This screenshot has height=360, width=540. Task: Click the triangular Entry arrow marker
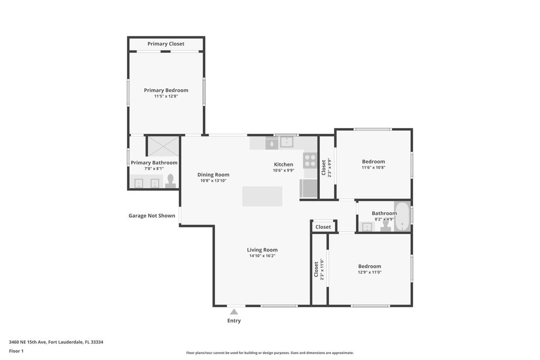(x=234, y=312)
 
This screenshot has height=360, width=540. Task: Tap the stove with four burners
(x=310, y=160)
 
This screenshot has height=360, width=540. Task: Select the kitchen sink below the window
(x=286, y=142)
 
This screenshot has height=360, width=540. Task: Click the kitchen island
(x=262, y=196)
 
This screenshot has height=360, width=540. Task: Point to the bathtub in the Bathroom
(x=402, y=216)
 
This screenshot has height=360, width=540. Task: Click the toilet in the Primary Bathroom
(x=170, y=182)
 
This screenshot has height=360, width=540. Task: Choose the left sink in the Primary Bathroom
(x=139, y=183)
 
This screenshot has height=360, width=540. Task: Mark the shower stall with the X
(x=163, y=146)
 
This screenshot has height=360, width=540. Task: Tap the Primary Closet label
(x=166, y=44)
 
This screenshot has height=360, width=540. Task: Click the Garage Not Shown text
(x=152, y=216)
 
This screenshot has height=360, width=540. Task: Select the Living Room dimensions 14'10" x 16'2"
(x=262, y=256)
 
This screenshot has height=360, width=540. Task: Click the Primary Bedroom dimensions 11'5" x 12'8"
(x=166, y=96)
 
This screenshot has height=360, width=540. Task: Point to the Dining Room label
(x=213, y=174)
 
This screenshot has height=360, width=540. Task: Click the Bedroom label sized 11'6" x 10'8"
(x=373, y=161)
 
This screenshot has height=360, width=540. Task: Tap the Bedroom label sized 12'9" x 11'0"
(x=369, y=266)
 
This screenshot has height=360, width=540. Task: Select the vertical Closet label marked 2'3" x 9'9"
(x=323, y=168)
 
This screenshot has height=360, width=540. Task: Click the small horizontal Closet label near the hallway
(x=323, y=227)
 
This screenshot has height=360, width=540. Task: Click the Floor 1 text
(x=16, y=351)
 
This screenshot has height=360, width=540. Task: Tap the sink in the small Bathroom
(x=368, y=227)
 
